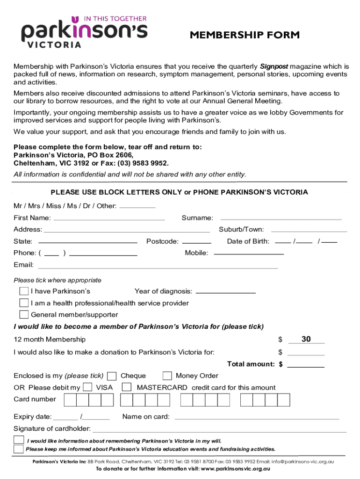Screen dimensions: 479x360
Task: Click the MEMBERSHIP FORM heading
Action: [x=245, y=35]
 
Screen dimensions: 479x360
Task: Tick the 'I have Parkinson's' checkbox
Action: [x=24, y=291]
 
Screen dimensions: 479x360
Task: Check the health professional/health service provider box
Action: [x=24, y=303]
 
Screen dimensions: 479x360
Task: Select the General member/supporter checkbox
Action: [x=24, y=314]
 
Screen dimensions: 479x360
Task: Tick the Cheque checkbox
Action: [x=112, y=376]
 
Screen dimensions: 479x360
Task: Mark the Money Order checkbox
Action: [x=167, y=376]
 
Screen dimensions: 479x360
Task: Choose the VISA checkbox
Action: [x=87, y=387]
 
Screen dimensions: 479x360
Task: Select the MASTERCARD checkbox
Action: [x=127, y=387]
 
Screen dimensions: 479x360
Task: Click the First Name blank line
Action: [x=109, y=219]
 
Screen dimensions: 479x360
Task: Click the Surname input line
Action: [x=281, y=219]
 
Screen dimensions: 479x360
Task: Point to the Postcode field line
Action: [x=196, y=243]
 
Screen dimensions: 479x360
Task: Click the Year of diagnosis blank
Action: [x=226, y=292]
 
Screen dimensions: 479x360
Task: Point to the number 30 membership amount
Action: [x=306, y=339]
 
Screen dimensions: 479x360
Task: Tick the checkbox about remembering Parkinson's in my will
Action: [x=19, y=440]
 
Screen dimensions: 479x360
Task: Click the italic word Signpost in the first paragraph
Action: [x=274, y=66]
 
